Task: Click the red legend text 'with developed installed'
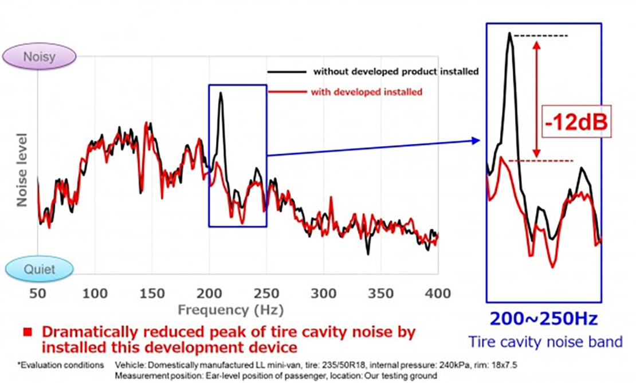click(367, 92)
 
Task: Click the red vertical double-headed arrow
click(536, 97)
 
